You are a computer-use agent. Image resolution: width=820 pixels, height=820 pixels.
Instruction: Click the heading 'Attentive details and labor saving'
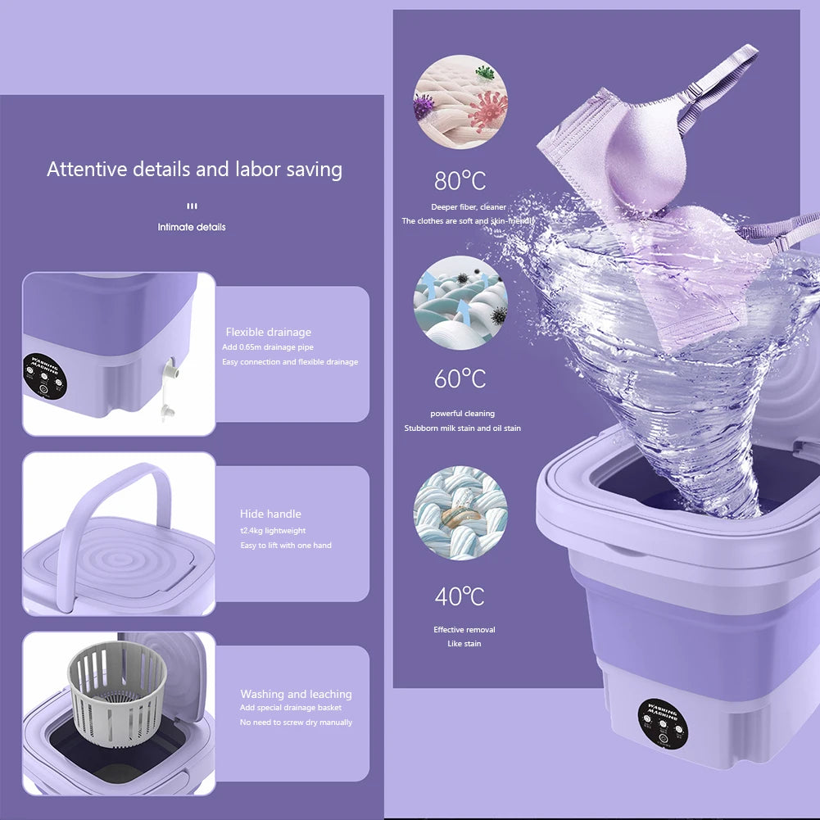tap(194, 170)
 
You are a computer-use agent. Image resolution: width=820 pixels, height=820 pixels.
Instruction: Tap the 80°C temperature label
tap(460, 179)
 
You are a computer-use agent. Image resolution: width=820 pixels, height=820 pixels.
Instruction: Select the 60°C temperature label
tap(460, 379)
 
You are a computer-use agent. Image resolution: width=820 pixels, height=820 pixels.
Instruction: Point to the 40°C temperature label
tap(460, 596)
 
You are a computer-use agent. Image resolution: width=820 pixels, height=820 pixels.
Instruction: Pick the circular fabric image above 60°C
tap(460, 303)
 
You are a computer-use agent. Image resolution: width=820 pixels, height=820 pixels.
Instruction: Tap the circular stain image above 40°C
tap(460, 513)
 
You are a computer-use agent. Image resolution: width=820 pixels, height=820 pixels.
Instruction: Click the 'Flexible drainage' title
tap(268, 332)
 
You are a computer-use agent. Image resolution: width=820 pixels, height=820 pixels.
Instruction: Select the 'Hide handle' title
tap(270, 514)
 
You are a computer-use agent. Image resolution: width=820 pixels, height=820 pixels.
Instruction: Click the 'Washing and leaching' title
tap(296, 694)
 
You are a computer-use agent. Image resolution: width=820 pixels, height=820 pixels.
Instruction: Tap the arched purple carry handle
tap(123, 500)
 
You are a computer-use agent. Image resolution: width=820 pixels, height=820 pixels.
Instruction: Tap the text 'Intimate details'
tap(192, 227)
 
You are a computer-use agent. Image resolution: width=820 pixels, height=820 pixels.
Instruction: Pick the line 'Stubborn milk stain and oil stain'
tap(462, 428)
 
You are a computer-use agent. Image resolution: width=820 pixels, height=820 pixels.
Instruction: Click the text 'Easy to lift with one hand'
tap(286, 545)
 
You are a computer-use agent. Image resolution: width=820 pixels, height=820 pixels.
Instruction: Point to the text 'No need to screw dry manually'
tap(296, 722)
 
